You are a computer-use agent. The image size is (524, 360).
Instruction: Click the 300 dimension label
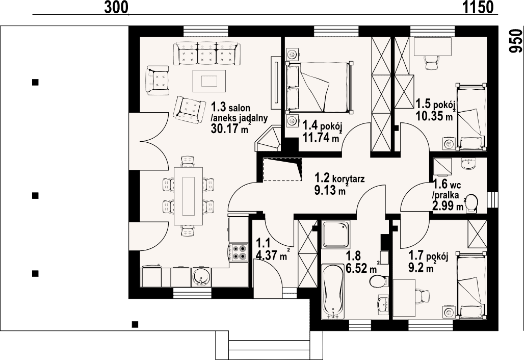[x=116, y=7]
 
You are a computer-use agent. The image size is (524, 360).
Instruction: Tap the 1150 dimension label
[x=478, y=7]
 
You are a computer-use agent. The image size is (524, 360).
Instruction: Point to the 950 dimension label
[x=515, y=41]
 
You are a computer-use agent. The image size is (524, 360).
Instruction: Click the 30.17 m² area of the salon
[x=230, y=128]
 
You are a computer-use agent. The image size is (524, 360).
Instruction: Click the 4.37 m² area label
[x=272, y=255]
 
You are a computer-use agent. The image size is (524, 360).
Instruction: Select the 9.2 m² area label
[x=423, y=267]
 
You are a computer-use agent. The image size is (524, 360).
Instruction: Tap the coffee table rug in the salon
[x=209, y=81]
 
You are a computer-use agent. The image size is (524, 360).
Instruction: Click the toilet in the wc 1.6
[x=471, y=203]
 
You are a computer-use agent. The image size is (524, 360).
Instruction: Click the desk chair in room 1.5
[x=432, y=61]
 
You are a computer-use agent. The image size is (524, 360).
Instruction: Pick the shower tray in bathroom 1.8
[x=335, y=234]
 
